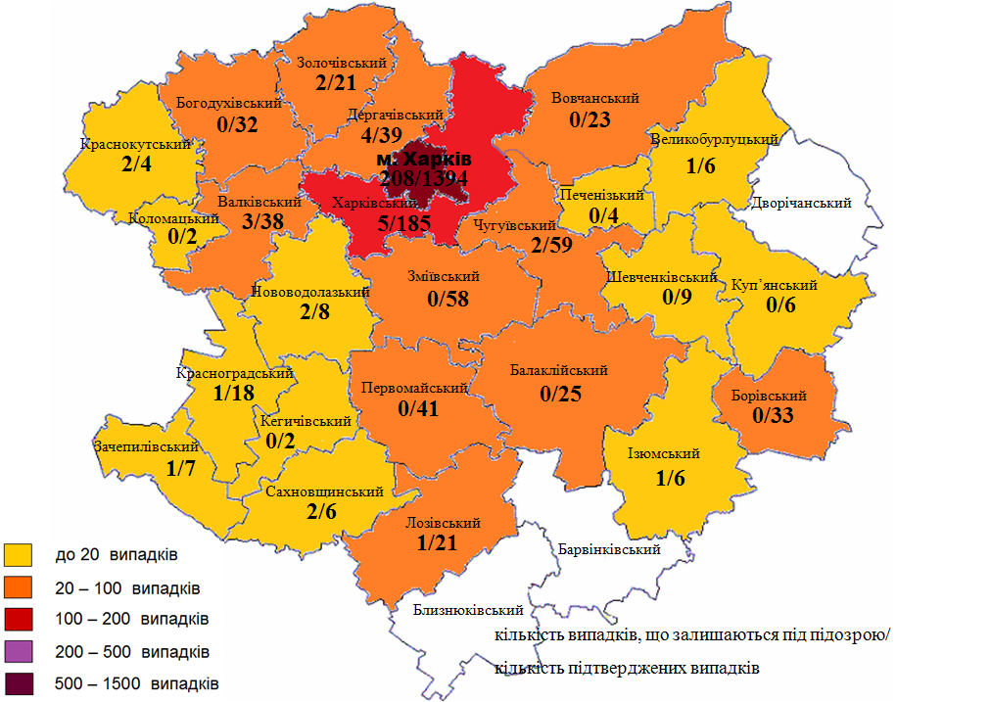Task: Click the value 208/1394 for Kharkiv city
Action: pyautogui.click(x=424, y=178)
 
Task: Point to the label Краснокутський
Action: pyautogui.click(x=135, y=144)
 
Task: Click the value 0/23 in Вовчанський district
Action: pyautogui.click(x=590, y=120)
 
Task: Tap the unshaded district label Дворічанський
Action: pyautogui.click(x=801, y=203)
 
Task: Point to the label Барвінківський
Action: pyautogui.click(x=608, y=549)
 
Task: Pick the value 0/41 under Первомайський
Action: pyautogui.click(x=419, y=409)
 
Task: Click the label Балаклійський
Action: pyautogui.click(x=560, y=371)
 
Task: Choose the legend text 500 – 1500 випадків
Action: pyautogui.click(x=137, y=682)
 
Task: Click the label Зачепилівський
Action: pyautogui.click(x=140, y=446)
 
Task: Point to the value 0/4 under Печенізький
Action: pyautogui.click(x=604, y=215)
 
